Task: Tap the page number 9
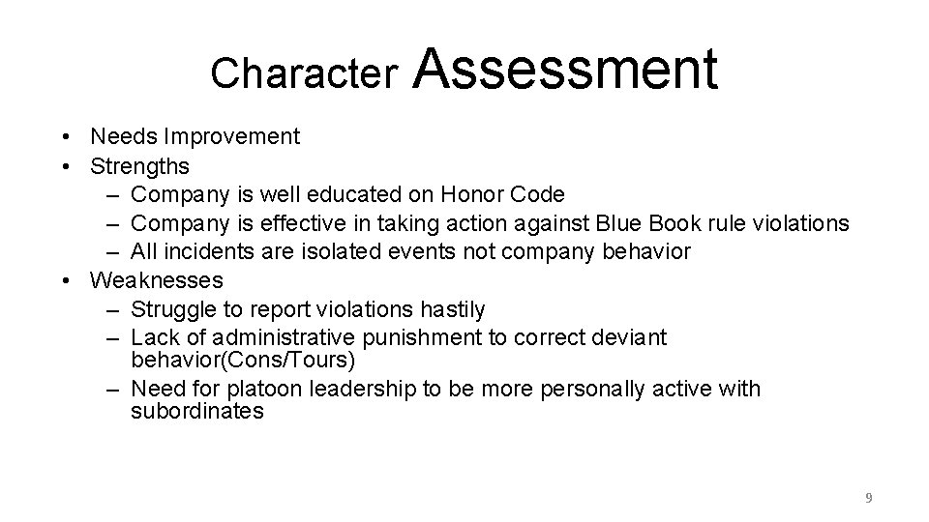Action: (868, 498)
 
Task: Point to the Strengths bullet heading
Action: (139, 166)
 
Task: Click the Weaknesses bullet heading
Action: (156, 280)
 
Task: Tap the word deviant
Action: (630, 338)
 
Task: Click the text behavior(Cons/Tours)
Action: (243, 361)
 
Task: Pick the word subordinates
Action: (197, 412)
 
